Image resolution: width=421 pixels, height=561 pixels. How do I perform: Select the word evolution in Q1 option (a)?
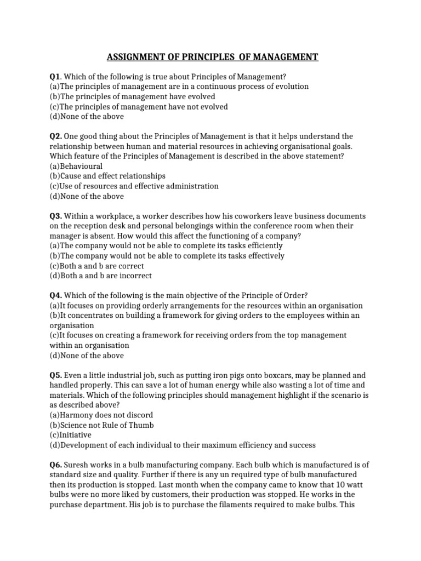[x=291, y=87]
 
